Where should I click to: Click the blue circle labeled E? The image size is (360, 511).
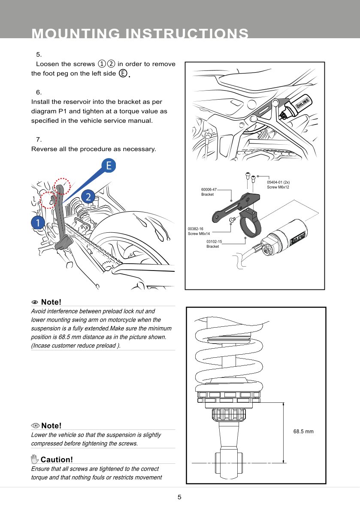109,166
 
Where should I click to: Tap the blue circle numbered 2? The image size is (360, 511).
88,197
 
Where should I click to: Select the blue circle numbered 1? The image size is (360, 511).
38,222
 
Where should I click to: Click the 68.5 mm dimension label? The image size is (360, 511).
303,431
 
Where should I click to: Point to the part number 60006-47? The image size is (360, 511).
209,189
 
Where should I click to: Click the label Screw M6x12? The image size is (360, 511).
278,187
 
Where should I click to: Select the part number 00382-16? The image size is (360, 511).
196,229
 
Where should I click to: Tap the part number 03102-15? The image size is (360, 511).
214,242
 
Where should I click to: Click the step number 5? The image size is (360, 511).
39,55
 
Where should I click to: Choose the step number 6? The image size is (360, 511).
39,92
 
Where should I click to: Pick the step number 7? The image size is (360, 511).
39,140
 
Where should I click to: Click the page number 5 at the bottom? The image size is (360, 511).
180,497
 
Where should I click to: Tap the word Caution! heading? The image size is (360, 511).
57,460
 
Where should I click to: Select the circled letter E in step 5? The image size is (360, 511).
123,73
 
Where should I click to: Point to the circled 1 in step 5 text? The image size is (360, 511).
102,64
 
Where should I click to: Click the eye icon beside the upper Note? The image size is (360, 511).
35,303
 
